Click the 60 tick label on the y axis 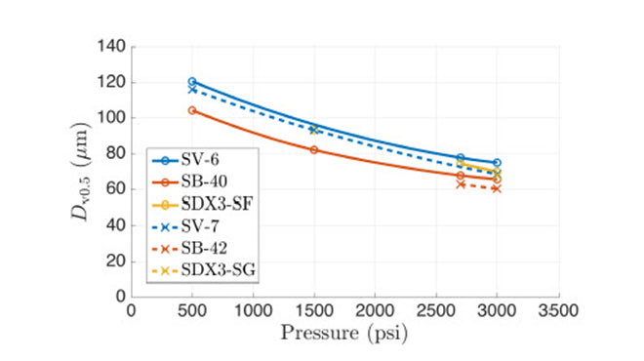(113, 189)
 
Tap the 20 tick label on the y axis (113, 261)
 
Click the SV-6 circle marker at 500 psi (192, 82)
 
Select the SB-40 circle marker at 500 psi (192, 110)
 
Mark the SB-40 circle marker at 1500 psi (313, 149)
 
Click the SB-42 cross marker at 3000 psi (497, 188)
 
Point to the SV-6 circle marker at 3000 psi (497, 163)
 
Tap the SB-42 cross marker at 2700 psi (461, 183)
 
